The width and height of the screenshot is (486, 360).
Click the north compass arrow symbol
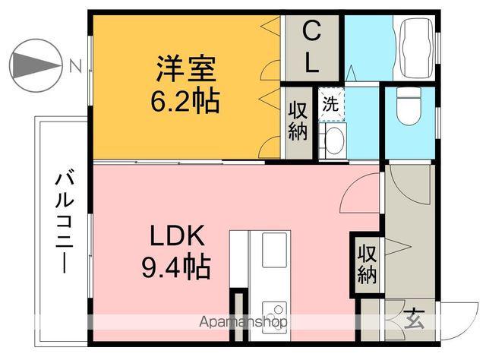(35, 65)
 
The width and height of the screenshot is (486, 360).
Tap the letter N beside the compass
(74, 65)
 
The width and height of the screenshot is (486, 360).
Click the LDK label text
(176, 238)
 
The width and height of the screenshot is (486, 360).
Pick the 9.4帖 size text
(176, 267)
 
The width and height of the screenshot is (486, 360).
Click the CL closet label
(311, 47)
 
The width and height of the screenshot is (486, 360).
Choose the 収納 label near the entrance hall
(368, 262)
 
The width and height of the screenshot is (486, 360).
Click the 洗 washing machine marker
(330, 105)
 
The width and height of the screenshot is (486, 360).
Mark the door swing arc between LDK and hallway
(359, 194)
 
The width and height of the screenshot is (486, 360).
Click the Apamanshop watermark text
(243, 321)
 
